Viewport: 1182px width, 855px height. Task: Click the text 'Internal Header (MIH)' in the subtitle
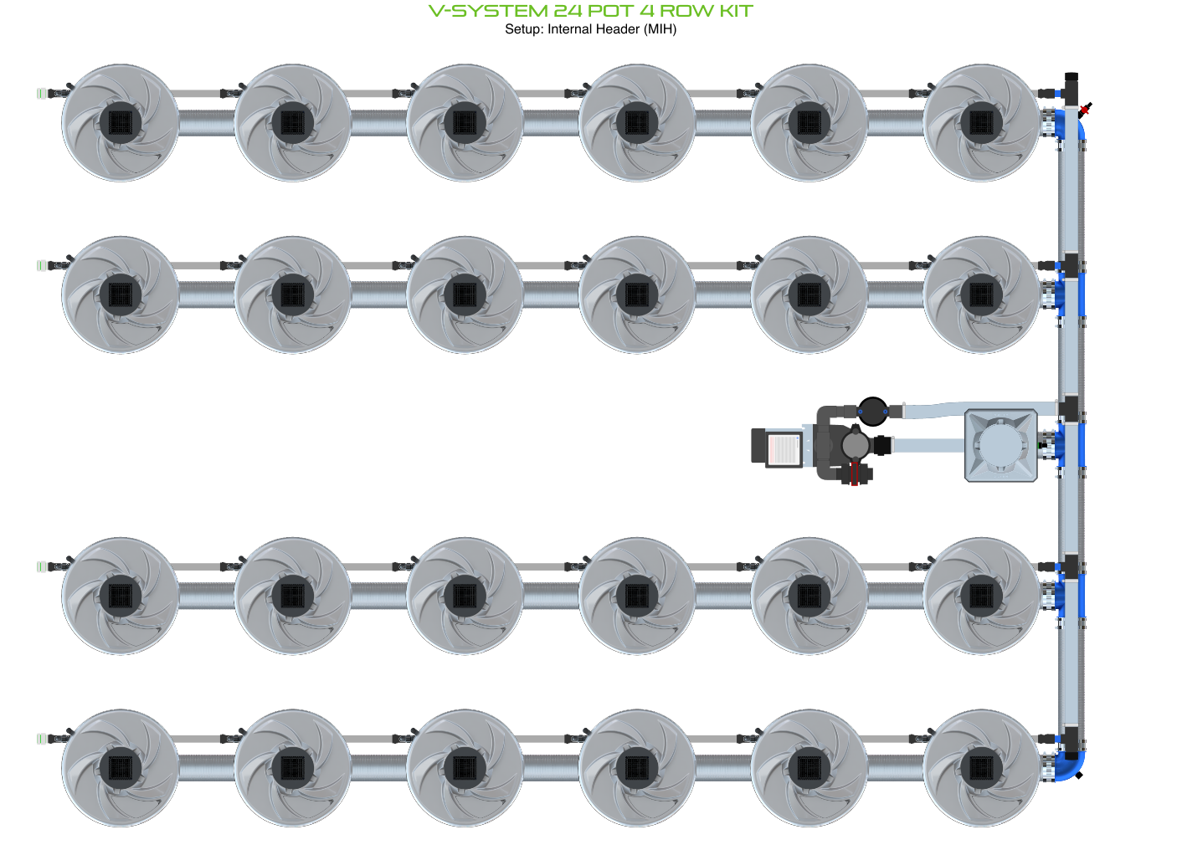(612, 29)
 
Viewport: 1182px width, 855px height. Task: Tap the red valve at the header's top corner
(1086, 109)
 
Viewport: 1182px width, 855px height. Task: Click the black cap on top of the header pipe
(1072, 77)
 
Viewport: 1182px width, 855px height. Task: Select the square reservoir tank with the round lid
(1001, 445)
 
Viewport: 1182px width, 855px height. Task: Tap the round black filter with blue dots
(873, 411)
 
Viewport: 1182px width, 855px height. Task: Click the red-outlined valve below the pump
(854, 475)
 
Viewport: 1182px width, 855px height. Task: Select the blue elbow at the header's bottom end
(1071, 766)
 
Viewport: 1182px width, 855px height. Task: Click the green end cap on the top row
(39, 93)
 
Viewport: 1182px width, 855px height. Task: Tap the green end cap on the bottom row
(39, 739)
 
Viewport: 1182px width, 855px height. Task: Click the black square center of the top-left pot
(121, 123)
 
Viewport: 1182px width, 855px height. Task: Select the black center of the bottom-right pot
(981, 768)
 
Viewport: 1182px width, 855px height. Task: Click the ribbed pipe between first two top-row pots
(207, 123)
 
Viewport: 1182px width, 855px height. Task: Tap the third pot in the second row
(465, 294)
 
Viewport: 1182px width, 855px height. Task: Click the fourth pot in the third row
(637, 596)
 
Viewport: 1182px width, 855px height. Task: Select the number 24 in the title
(568, 11)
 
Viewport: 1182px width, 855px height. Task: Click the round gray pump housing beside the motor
(855, 444)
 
